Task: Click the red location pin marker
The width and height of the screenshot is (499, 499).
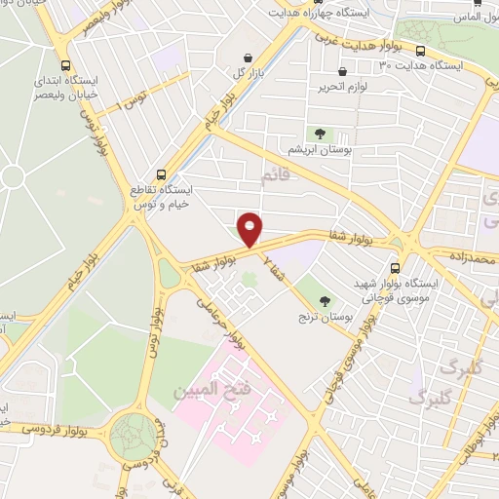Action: pos(250,229)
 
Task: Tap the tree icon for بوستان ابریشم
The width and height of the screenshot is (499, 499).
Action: pos(318,133)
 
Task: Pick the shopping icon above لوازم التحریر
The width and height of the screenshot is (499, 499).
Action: pos(342,72)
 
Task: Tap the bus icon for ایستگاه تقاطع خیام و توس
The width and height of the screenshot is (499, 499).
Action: pos(161,175)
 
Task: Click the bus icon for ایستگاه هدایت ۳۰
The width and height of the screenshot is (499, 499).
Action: pos(420,52)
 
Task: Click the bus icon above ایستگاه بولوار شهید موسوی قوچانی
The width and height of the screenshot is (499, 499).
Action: pos(395,268)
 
